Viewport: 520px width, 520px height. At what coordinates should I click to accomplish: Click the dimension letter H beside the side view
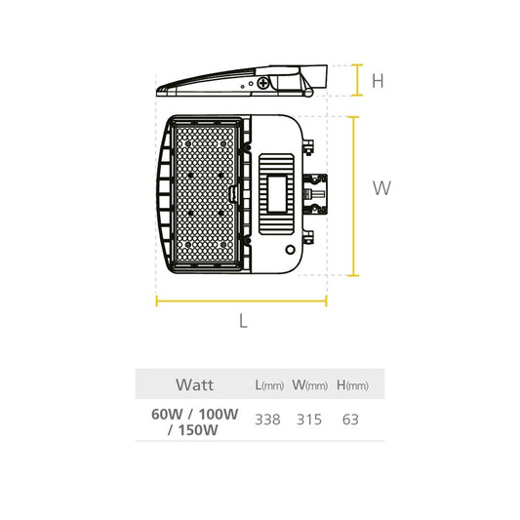tap(378, 81)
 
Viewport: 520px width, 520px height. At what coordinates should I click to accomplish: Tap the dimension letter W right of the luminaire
tap(381, 188)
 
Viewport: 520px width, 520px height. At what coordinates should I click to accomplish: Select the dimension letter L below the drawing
tap(244, 321)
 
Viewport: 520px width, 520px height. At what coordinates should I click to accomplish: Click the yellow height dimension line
tap(357, 80)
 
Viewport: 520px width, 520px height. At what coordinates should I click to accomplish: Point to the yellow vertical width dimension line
tap(354, 196)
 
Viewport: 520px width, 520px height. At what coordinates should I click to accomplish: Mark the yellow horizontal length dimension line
tap(241, 301)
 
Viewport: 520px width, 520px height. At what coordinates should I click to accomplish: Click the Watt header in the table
tap(195, 384)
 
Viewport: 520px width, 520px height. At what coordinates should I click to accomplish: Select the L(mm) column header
tap(269, 385)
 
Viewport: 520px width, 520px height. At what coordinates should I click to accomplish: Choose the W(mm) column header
tap(309, 385)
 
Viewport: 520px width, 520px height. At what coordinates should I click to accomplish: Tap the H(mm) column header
tap(352, 385)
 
